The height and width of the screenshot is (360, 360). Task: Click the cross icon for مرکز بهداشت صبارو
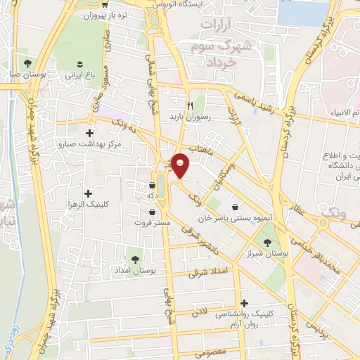pos(89,132)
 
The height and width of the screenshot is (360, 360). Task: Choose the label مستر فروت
pos(153,222)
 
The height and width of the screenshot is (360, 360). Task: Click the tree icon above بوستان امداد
pos(135,259)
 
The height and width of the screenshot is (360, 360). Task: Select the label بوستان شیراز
pos(270,253)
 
